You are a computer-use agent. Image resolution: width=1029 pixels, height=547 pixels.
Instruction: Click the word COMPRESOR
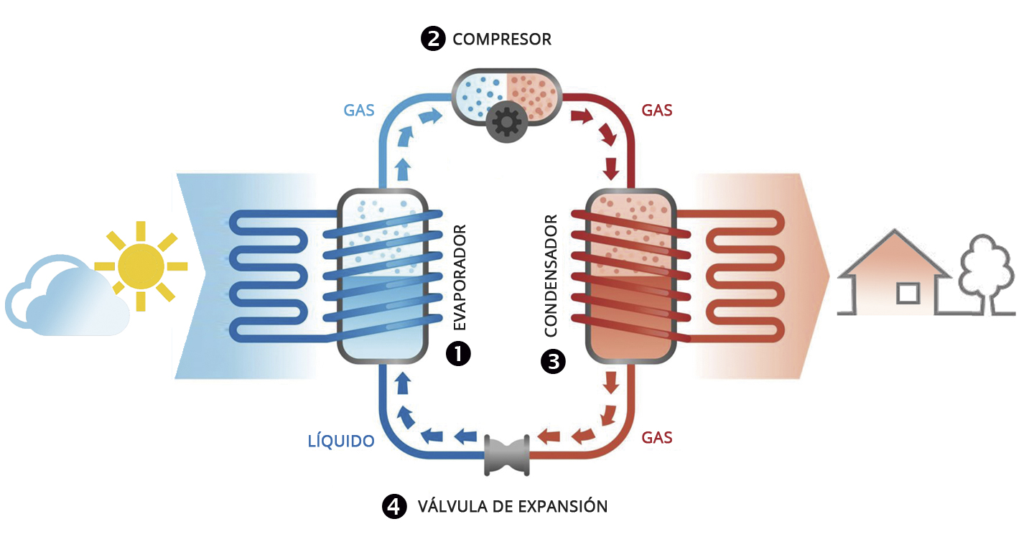502,39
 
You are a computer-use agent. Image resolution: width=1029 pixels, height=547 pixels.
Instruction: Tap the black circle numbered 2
433,39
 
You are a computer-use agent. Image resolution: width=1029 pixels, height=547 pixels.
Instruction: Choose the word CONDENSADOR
551,276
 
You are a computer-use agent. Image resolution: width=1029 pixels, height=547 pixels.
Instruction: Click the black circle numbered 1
458,352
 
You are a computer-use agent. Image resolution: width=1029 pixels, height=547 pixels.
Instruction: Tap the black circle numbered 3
552,361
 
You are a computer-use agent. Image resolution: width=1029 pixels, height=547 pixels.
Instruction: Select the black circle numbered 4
393,506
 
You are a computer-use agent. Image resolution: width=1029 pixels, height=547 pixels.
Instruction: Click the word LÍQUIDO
341,441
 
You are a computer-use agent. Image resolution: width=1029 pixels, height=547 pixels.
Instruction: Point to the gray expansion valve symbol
507,454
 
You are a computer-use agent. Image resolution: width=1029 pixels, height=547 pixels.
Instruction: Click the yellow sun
141,266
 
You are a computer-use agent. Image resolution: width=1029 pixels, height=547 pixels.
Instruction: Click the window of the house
908,294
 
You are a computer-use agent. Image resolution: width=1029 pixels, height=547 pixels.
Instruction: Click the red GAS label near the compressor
656,111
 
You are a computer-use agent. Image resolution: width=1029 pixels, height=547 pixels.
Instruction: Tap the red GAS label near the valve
656,437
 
